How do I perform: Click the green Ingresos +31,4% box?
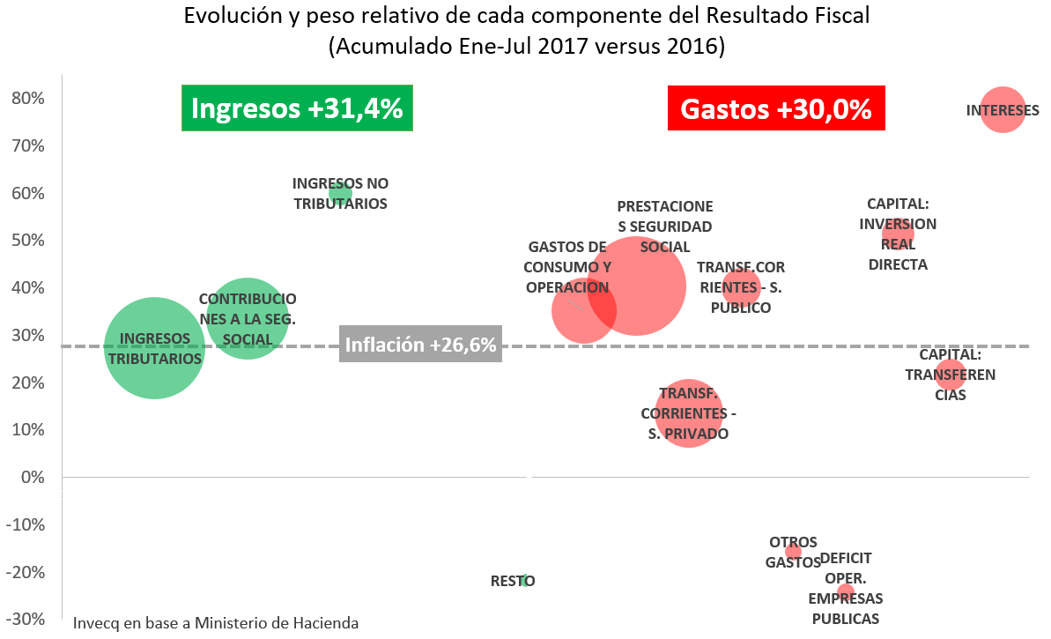click(x=297, y=108)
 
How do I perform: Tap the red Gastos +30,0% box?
click(x=776, y=108)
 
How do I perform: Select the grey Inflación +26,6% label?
click(x=420, y=346)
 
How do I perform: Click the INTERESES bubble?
click(x=1003, y=110)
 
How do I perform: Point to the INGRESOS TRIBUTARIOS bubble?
click(x=155, y=348)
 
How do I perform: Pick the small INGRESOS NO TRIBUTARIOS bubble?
click(x=340, y=193)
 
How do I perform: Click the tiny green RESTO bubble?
click(x=524, y=581)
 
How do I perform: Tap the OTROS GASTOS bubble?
click(x=793, y=552)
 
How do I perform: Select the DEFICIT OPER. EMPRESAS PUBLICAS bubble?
click(x=846, y=592)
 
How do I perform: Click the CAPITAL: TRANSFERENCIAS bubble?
click(x=950, y=375)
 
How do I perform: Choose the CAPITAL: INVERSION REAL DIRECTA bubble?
click(x=898, y=234)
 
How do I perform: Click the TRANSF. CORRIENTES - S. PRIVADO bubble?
click(x=689, y=413)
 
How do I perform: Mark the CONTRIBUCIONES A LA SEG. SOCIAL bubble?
click(x=248, y=318)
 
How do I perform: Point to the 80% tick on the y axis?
click(x=27, y=98)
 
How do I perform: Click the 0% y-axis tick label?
click(x=33, y=477)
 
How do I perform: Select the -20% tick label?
click(x=27, y=572)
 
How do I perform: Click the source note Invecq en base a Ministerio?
click(x=216, y=622)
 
